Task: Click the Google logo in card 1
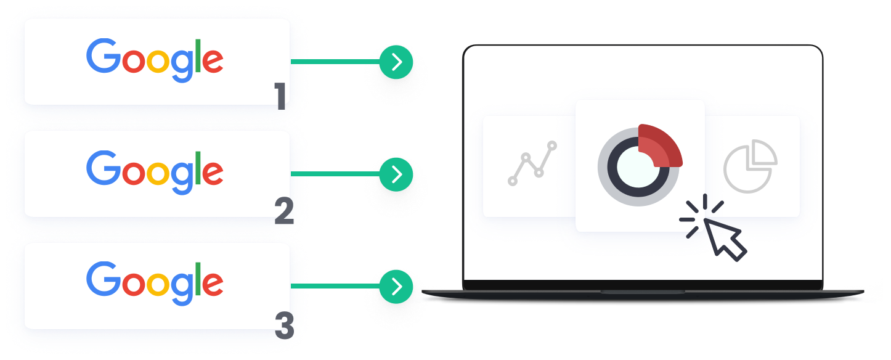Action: tap(155, 60)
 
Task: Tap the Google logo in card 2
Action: tap(155, 173)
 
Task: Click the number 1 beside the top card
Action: tap(280, 97)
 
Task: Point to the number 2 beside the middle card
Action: tap(284, 211)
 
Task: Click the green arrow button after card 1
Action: tap(396, 62)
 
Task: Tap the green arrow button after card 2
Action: tap(396, 174)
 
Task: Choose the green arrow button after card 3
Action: tap(396, 287)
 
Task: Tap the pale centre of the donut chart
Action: tap(638, 166)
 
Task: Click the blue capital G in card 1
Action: tap(103, 57)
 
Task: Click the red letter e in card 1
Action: tap(213, 62)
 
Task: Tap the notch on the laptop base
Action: tap(643, 292)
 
